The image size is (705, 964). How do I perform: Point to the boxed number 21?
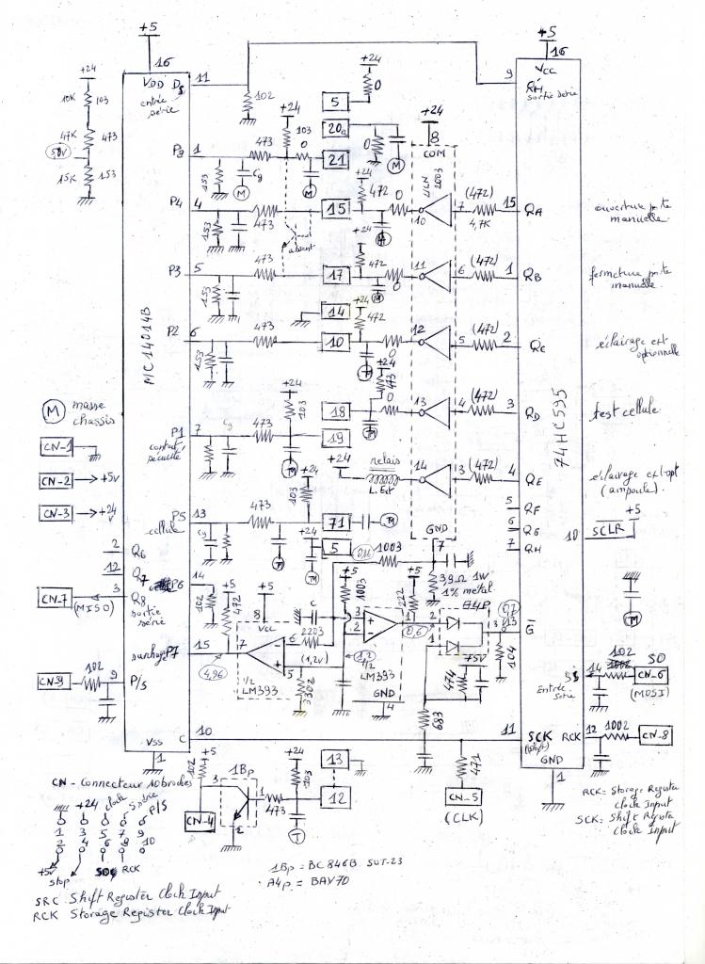pos(337,159)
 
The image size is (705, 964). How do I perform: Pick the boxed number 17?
pos(336,277)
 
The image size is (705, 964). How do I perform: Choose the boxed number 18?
pos(337,411)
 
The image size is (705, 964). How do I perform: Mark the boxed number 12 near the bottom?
pos(336,796)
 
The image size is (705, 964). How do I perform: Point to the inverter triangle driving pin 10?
pos(439,212)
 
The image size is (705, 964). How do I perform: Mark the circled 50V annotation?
pos(59,151)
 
